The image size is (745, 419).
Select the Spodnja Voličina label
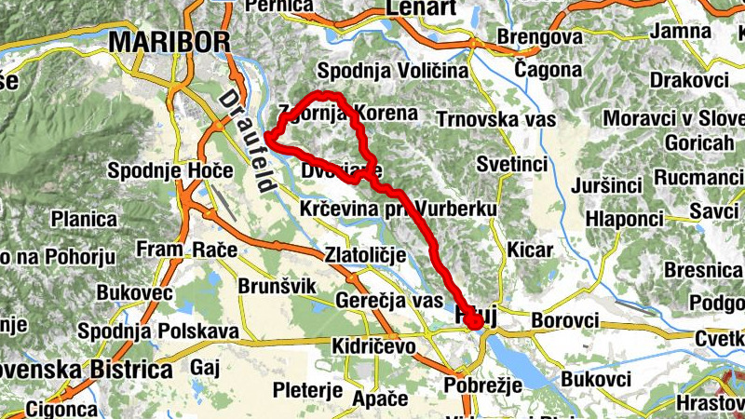tap(391, 71)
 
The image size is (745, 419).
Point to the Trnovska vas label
tap(496, 119)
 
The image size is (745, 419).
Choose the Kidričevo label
tap(373, 345)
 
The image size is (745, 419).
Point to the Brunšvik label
tap(278, 285)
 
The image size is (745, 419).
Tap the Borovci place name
tap(564, 320)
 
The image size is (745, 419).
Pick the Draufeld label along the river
tap(245, 141)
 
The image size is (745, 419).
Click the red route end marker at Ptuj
tap(475, 322)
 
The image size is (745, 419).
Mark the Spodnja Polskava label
tap(158, 331)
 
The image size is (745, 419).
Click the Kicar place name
tap(532, 250)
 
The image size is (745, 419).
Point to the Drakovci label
tap(688, 80)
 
